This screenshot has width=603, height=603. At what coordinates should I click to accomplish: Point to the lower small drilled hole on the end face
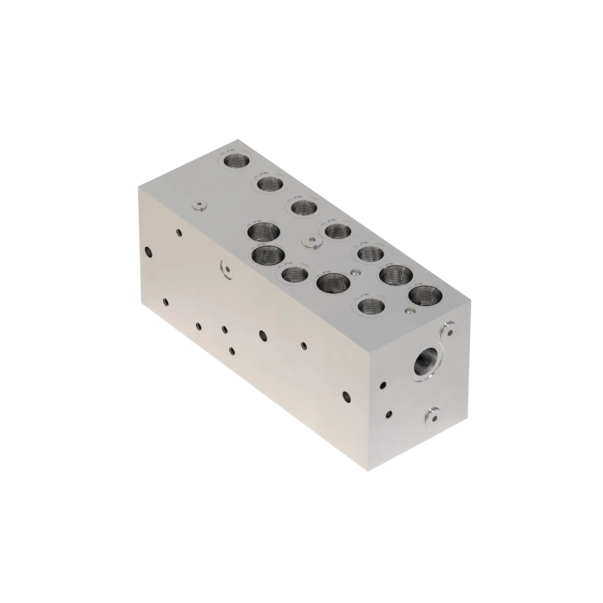pyautogui.click(x=389, y=414)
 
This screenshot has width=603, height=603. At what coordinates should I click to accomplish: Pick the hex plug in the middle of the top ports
pyautogui.click(x=312, y=241)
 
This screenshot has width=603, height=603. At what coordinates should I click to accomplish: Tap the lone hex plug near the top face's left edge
pyautogui.click(x=200, y=205)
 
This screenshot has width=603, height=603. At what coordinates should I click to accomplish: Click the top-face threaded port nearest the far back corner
pyautogui.click(x=238, y=161)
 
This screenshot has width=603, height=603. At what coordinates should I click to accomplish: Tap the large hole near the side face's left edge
pyautogui.click(x=149, y=252)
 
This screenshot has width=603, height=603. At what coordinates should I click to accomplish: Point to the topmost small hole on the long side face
pyautogui.click(x=179, y=232)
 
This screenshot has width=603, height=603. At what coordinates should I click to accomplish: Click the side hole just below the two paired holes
pyautogui.click(x=232, y=351)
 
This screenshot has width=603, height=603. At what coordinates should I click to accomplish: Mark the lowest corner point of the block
pyautogui.click(x=369, y=471)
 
